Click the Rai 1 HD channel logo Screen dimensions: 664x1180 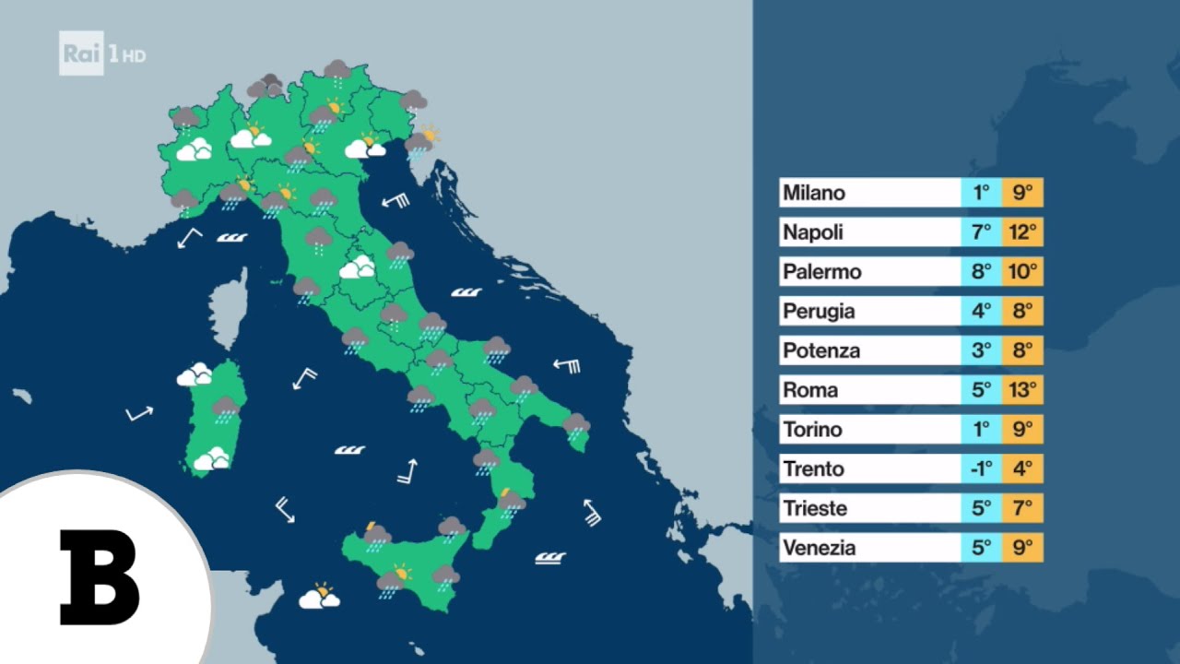pyautogui.click(x=102, y=54)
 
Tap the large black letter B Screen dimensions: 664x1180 pyautogui.click(x=99, y=578)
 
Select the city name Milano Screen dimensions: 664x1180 pyautogui.click(x=814, y=193)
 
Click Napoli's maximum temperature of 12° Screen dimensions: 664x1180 pyautogui.click(x=1022, y=232)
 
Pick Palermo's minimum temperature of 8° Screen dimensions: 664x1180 pyautogui.click(x=981, y=272)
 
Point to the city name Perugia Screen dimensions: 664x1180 pyautogui.click(x=819, y=312)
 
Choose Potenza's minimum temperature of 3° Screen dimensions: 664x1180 pyautogui.click(x=981, y=351)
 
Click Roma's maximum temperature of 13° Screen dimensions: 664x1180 pyautogui.click(x=1022, y=390)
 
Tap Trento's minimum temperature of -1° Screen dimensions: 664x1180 pyautogui.click(x=981, y=469)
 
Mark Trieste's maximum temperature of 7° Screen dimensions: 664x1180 pyautogui.click(x=1022, y=508)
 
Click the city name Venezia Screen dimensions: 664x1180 pyautogui.click(x=820, y=548)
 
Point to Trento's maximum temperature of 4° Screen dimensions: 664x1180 pyautogui.click(x=1022, y=469)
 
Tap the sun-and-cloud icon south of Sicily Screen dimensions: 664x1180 pyautogui.click(x=319, y=597)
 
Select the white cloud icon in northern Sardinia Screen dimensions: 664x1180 pyautogui.click(x=195, y=374)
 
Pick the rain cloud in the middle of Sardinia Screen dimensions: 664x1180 pyautogui.click(x=226, y=408)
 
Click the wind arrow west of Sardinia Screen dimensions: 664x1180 pyautogui.click(x=139, y=413)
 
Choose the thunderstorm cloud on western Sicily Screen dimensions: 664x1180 pyautogui.click(x=376, y=535)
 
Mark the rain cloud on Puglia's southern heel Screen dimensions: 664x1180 pyautogui.click(x=576, y=425)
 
